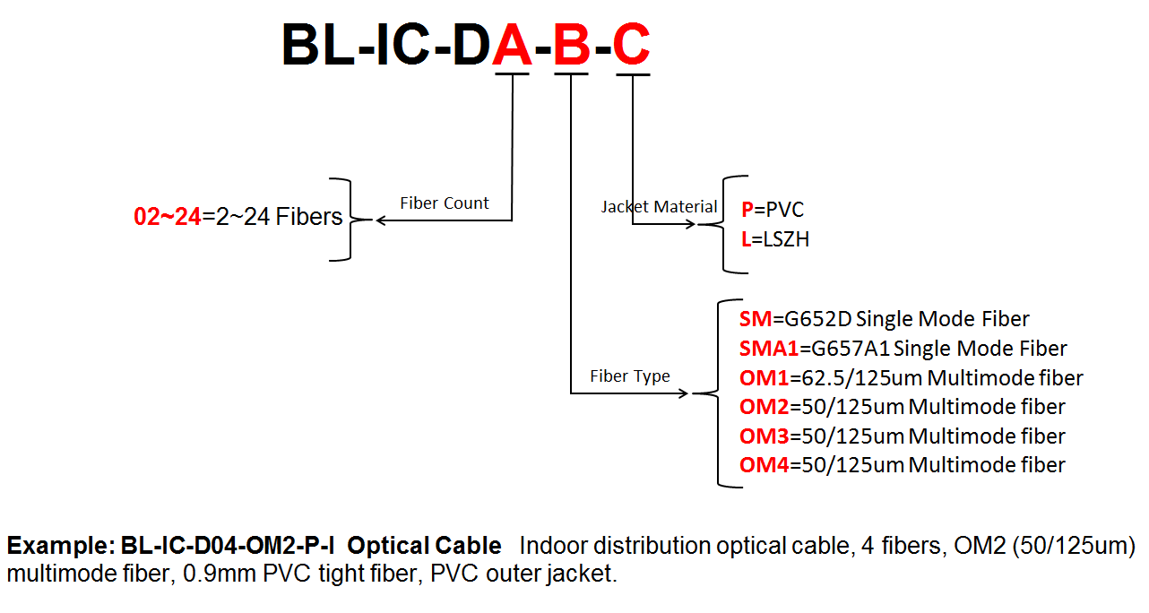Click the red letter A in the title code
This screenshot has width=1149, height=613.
(x=512, y=45)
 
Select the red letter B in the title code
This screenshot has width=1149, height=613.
(x=572, y=45)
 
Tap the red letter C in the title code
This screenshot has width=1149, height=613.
(x=632, y=45)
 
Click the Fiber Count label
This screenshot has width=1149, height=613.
(x=445, y=203)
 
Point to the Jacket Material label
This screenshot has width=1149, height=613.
(x=659, y=207)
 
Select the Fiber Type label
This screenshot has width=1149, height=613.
(x=630, y=376)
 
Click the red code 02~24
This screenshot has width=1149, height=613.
(x=168, y=217)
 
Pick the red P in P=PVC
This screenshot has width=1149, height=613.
(x=747, y=210)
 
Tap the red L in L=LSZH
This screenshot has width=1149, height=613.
(x=746, y=239)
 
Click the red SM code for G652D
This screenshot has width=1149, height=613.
(x=756, y=319)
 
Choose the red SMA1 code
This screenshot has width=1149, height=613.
(x=769, y=349)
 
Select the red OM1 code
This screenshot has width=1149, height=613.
(x=764, y=378)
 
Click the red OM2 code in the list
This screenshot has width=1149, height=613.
(x=764, y=407)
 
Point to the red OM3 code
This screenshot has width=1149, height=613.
(x=764, y=436)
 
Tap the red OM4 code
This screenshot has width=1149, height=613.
(x=764, y=465)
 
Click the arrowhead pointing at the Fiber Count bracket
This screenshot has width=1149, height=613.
(x=380, y=220)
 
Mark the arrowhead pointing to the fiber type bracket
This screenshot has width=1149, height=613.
(x=683, y=393)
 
